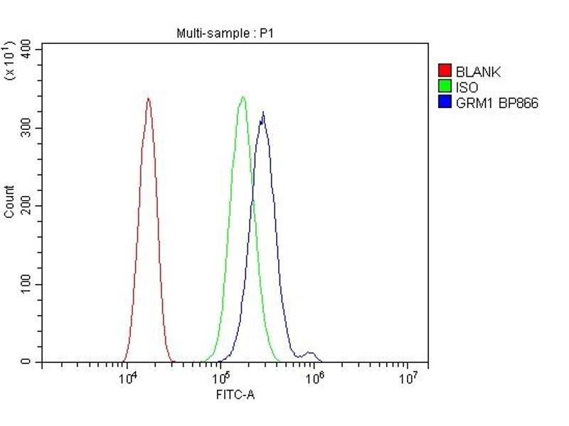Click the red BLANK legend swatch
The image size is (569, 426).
pyautogui.click(x=445, y=71)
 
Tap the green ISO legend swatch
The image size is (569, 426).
pyautogui.click(x=445, y=87)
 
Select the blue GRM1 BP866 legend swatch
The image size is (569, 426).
pyautogui.click(x=445, y=103)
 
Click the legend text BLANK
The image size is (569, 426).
pyautogui.click(x=478, y=72)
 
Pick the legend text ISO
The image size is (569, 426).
pyautogui.click(x=467, y=87)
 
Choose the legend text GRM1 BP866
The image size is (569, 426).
pyautogui.click(x=496, y=104)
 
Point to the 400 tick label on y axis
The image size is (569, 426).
pyautogui.click(x=26, y=48)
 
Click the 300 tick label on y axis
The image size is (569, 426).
pyautogui.click(x=26, y=128)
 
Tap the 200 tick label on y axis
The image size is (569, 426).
pyautogui.click(x=26, y=206)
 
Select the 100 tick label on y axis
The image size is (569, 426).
pyautogui.click(x=26, y=284)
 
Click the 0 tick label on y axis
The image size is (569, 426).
pyautogui.click(x=26, y=362)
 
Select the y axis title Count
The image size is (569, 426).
pyautogui.click(x=9, y=202)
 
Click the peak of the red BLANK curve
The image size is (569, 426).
pyautogui.click(x=148, y=99)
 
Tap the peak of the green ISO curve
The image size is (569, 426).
pyautogui.click(x=243, y=97)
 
